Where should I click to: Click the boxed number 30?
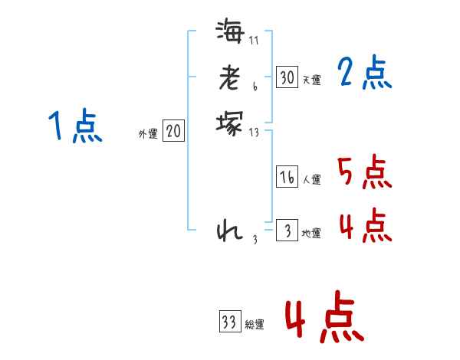point(287,77)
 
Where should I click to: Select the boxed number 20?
point(173,132)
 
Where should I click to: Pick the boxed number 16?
point(287,177)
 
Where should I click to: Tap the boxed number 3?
point(287,231)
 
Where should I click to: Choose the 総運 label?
point(255,324)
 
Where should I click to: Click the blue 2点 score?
point(365,74)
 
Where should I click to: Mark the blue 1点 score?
point(74,126)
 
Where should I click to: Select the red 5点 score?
point(365,172)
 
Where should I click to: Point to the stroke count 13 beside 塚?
point(255,133)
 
